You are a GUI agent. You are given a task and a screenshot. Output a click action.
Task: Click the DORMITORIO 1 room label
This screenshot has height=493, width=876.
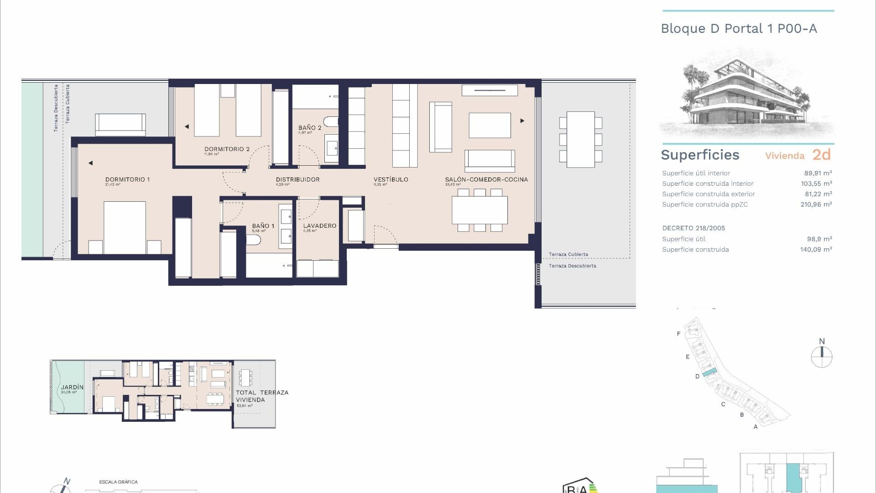click(127, 179)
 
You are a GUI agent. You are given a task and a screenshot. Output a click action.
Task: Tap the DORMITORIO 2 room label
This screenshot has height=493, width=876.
click(227, 149)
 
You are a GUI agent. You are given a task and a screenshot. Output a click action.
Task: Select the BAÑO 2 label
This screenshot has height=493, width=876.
click(310, 128)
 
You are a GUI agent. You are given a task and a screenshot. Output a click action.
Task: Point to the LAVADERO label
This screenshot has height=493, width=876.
click(319, 226)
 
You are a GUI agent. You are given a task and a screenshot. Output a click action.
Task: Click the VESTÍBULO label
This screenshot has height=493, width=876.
click(391, 179)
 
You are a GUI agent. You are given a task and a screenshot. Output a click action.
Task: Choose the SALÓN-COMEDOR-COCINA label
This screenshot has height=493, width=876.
click(486, 179)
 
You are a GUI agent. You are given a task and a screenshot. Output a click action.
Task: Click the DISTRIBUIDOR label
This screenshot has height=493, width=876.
click(297, 179)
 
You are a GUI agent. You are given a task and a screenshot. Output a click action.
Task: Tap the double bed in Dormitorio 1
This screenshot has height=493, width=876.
click(125, 227)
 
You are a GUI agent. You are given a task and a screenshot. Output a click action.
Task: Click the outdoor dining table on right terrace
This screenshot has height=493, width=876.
click(580, 139)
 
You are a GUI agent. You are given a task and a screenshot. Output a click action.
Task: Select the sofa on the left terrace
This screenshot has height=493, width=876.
click(120, 124)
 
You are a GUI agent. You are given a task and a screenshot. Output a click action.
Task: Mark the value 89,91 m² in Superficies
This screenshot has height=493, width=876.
click(818, 173)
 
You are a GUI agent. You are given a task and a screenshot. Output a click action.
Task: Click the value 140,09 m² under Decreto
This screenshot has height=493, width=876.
click(816, 249)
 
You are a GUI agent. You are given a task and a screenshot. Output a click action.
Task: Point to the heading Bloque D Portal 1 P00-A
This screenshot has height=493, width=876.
click(739, 28)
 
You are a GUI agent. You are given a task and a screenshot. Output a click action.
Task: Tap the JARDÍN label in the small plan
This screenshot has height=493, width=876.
click(72, 387)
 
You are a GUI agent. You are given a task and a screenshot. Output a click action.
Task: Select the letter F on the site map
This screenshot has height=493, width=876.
click(678, 334)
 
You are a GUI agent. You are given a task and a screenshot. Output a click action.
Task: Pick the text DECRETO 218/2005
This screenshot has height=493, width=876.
click(693, 228)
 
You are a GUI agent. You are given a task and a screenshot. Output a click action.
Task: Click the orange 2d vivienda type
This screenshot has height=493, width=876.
click(821, 155)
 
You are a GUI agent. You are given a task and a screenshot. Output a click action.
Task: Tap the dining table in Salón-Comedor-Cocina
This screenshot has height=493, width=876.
click(480, 210)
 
